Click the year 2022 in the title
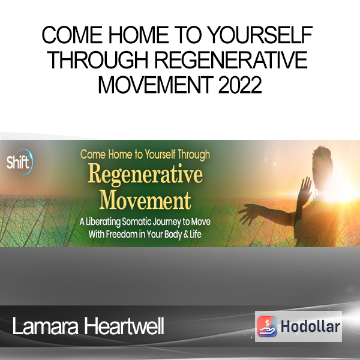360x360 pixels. pos(239,85)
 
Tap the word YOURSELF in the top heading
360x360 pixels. pos(261,35)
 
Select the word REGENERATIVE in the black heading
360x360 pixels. pos(231,59)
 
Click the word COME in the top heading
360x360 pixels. pos(72,35)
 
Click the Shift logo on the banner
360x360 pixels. pos(20,162)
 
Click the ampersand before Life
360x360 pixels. pos(186,235)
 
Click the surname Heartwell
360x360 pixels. pos(124,326)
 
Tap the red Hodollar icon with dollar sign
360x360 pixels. pos(267,326)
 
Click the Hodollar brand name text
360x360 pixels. pos(310,326)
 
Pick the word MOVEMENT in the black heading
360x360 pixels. pos(155,85)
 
